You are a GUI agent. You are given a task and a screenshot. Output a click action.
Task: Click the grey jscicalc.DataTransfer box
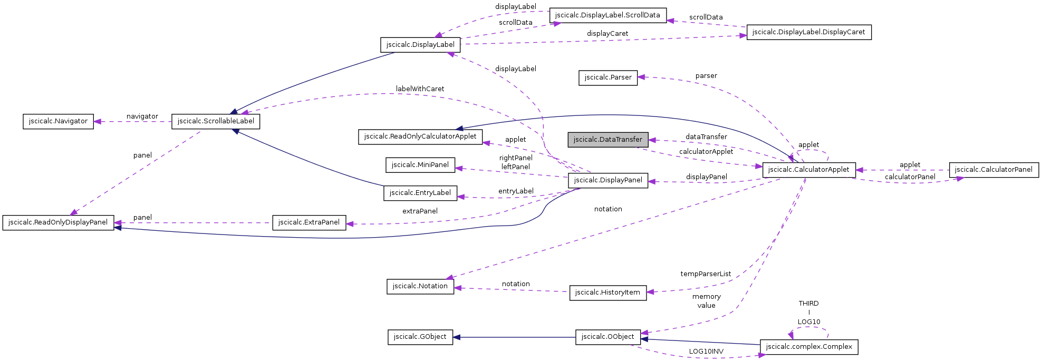click(607, 140)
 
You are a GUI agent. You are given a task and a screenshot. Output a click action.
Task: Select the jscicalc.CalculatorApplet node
click(808, 170)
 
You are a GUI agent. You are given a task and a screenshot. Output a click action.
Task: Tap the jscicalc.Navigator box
click(58, 121)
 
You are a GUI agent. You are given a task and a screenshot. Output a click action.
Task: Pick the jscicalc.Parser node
click(607, 77)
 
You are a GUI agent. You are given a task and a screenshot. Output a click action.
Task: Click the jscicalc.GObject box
click(420, 337)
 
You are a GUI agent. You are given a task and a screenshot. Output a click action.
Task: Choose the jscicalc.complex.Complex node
click(808, 347)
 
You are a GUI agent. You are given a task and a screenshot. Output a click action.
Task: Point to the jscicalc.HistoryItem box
click(607, 292)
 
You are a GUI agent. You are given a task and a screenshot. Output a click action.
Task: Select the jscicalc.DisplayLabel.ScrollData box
click(607, 15)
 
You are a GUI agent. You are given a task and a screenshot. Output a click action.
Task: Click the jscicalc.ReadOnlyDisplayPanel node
click(58, 222)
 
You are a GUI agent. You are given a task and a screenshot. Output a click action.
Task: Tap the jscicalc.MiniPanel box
click(420, 165)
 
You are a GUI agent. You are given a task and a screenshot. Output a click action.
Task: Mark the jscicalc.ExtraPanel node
click(309, 222)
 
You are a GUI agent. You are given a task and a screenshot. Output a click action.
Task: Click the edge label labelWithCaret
click(420, 89)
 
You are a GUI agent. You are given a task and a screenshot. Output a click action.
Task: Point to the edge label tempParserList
click(705, 274)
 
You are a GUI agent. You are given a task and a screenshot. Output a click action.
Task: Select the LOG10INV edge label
click(706, 352)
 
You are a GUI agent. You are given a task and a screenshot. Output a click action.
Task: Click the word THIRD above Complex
click(808, 304)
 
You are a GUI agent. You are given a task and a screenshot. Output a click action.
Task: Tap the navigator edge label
click(142, 116)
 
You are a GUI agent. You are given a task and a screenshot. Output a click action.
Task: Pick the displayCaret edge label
click(607, 34)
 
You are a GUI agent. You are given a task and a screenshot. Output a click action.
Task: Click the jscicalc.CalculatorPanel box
click(993, 170)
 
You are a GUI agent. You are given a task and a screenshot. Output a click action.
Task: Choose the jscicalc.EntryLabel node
click(420, 193)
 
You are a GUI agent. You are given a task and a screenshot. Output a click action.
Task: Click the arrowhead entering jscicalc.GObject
click(457, 337)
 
